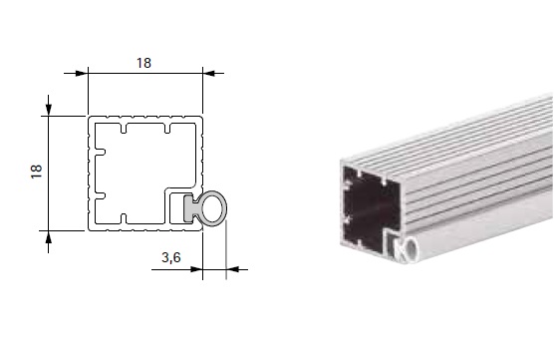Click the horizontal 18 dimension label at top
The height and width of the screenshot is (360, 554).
pos(143,63)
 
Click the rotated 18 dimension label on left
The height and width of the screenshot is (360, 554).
pos(37,172)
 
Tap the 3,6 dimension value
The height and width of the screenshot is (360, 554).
pos(171,258)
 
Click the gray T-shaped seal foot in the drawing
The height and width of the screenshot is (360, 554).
pos(189,208)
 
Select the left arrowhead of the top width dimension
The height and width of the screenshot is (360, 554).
pos(82,73)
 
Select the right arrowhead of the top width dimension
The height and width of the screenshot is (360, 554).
pos(209,73)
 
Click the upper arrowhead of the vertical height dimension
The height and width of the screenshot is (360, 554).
pos(49,110)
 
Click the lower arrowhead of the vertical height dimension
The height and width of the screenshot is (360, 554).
pos(49,237)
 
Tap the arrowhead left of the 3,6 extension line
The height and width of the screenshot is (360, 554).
pos(196,269)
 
